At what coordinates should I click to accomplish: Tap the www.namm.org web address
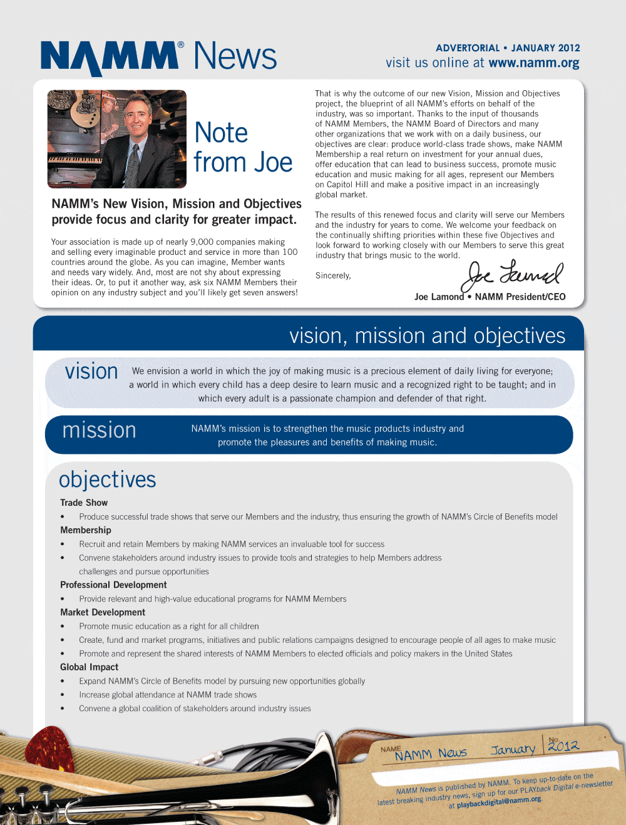pos(533,63)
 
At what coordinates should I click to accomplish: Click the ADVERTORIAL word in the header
pos(467,48)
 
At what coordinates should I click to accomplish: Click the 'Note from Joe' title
pos(243,148)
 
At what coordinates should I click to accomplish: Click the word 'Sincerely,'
pos(333,276)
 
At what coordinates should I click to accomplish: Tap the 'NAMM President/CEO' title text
pos(520,297)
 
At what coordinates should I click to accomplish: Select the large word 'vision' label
pos(91,371)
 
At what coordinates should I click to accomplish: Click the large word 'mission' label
pos(99,431)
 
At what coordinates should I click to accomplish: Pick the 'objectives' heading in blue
pos(107,479)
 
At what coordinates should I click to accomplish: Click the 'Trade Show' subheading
pos(84,503)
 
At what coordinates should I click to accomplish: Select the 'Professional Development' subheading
pos(113,585)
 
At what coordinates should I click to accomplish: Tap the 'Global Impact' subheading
pos(89,667)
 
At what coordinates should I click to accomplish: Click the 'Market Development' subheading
pos(103,612)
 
